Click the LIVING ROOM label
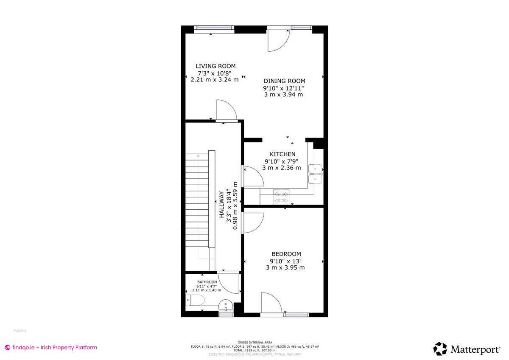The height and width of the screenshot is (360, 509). (x=215, y=66)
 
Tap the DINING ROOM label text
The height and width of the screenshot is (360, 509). (x=284, y=81)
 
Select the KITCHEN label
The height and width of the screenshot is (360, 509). (x=282, y=154)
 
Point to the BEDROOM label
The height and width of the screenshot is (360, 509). (x=286, y=254)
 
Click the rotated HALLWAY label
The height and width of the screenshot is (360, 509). (x=221, y=205)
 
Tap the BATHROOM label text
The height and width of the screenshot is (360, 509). (x=207, y=282)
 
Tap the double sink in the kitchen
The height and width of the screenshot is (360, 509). (x=315, y=174)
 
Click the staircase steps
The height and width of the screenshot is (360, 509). (x=196, y=204)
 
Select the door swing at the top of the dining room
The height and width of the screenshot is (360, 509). (x=278, y=39)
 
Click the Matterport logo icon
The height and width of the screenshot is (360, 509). (x=440, y=349)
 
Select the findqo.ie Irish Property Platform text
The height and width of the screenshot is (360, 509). (x=51, y=347)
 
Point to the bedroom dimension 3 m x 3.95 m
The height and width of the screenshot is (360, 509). (x=285, y=267)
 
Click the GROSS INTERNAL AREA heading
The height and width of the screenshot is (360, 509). (x=255, y=342)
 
